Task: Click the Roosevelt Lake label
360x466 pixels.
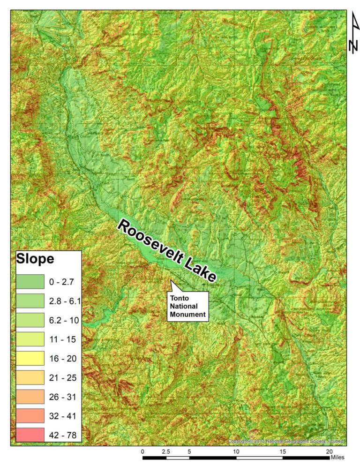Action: coord(167,251)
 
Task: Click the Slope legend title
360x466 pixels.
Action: coord(35,258)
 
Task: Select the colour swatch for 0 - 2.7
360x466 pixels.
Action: coord(30,282)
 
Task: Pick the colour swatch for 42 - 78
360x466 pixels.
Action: coord(30,435)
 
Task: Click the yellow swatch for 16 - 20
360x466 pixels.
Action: coord(30,358)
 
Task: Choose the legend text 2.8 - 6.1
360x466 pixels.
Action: coord(65,301)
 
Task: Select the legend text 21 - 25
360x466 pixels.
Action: coord(62,377)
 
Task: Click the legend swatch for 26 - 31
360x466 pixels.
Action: coord(30,397)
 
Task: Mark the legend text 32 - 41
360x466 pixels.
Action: coord(62,416)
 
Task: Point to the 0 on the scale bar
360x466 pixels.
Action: coord(142,451)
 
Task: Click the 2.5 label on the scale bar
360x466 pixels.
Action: coord(165,451)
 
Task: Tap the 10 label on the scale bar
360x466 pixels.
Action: coord(236,451)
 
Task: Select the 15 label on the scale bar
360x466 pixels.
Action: coord(283,451)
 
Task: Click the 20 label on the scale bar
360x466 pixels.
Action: coord(329,451)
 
